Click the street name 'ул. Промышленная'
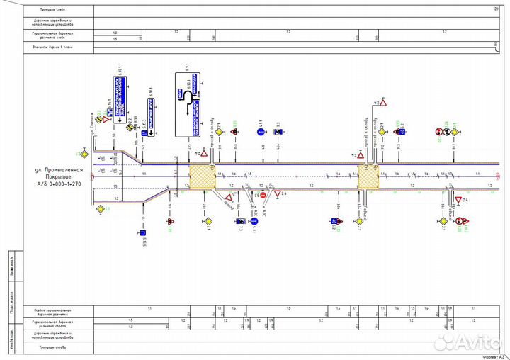[59, 171]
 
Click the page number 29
[496, 9]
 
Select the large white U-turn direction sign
[188, 103]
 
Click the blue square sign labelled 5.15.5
[140, 232]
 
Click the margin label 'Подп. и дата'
[13, 301]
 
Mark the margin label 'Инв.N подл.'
[13, 337]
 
